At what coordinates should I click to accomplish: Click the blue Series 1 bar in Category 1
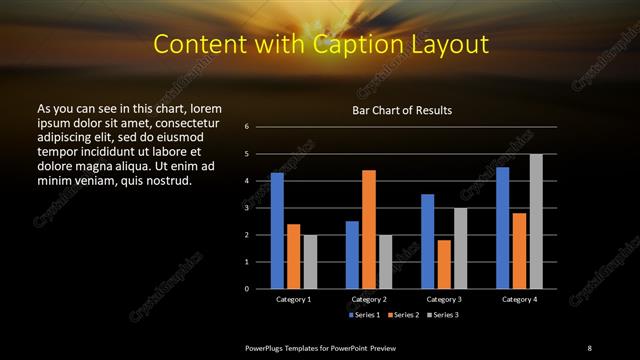(277, 231)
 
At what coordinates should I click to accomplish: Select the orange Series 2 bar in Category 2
(369, 229)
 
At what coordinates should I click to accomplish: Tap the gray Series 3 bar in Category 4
(536, 221)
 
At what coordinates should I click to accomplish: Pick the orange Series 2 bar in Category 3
(444, 264)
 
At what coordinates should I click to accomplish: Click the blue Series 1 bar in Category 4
(502, 228)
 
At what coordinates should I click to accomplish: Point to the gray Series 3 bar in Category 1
(310, 262)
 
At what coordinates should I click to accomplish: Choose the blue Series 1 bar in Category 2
(352, 255)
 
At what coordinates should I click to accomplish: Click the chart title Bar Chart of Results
(402, 109)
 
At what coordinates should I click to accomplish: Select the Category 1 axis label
(293, 299)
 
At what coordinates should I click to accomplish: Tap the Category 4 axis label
(518, 299)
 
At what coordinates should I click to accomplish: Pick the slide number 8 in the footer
(589, 347)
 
